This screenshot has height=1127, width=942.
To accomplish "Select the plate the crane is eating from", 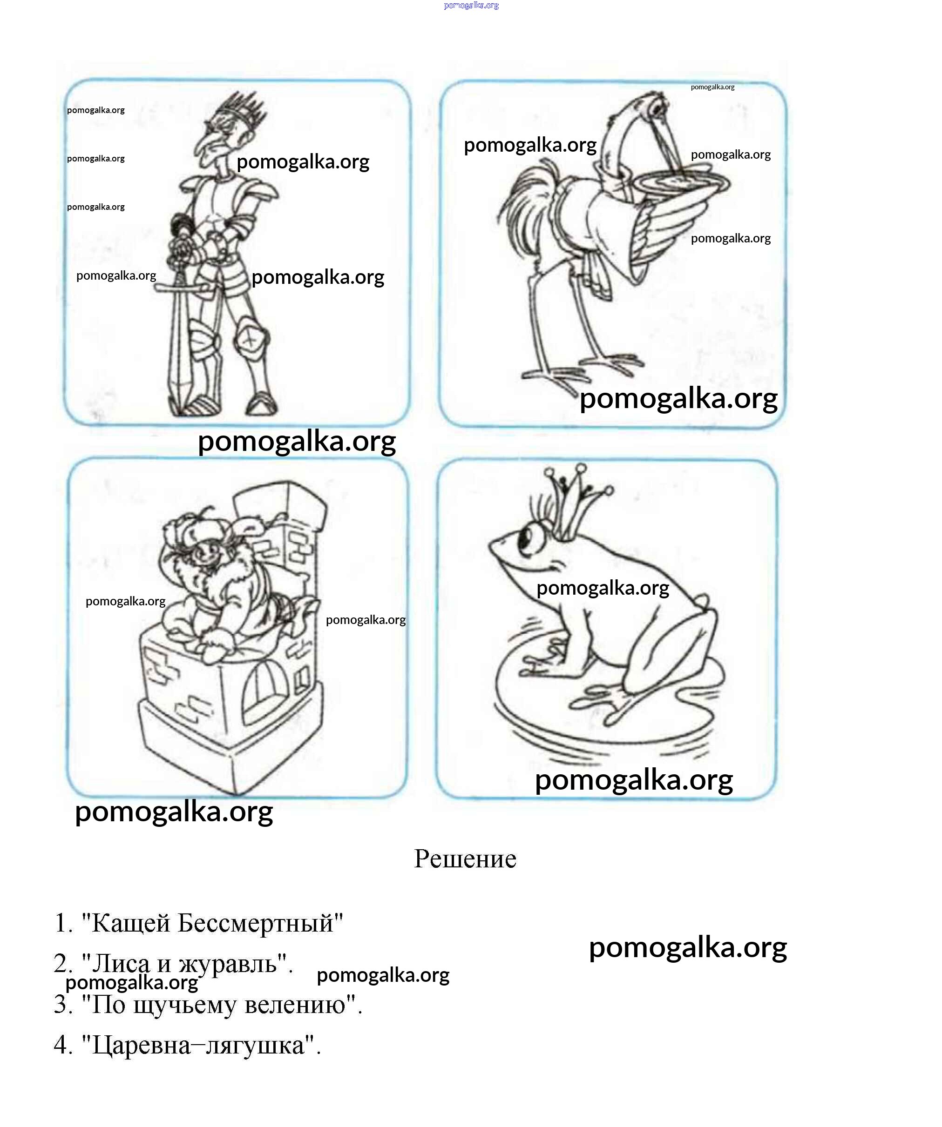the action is [681, 183].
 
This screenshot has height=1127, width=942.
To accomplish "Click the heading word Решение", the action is [465, 859].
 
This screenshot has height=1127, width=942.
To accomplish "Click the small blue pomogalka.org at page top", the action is [472, 6].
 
